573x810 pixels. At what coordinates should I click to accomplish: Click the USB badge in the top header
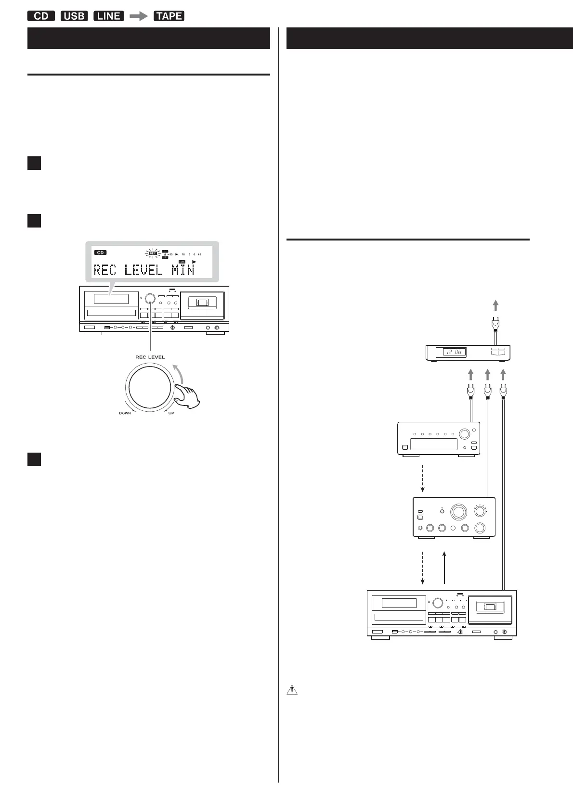[74, 16]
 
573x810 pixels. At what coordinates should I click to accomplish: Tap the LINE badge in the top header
[109, 16]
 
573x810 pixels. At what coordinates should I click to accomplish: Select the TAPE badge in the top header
[169, 16]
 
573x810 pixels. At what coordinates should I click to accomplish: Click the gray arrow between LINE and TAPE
[139, 16]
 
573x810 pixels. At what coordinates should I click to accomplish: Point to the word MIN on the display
[183, 270]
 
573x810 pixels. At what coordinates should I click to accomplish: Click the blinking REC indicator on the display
[153, 253]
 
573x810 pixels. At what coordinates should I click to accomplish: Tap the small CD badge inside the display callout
[100, 253]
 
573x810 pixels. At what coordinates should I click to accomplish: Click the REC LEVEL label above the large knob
[150, 357]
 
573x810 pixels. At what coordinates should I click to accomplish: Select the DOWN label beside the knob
[125, 413]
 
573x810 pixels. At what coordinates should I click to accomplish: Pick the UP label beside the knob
[172, 413]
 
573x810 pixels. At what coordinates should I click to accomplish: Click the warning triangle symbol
[292, 690]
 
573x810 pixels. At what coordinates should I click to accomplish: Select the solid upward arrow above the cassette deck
[444, 568]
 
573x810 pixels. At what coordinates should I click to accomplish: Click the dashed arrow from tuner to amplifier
[423, 478]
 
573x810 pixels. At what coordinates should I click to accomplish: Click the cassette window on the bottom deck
[490, 607]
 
